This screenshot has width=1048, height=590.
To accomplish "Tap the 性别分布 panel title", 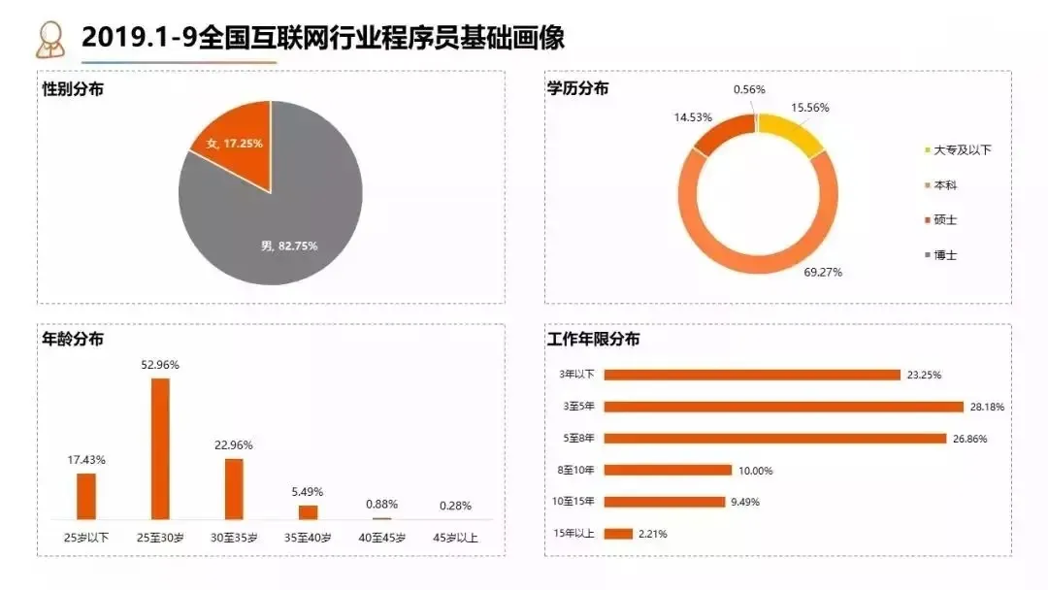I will (74, 88).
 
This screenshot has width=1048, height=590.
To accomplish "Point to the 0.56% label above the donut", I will (748, 89).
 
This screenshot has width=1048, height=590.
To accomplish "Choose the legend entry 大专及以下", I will (962, 150).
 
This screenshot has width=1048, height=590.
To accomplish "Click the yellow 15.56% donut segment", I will (792, 133).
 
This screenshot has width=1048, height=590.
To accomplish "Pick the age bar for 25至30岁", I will (160, 448).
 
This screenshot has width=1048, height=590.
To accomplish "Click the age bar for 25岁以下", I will (86, 496).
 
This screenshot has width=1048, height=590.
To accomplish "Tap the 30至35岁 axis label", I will (234, 538).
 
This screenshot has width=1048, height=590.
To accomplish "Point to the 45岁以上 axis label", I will (455, 538).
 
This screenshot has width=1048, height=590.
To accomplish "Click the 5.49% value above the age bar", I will (308, 492).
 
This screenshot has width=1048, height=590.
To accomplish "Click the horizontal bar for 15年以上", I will (618, 533).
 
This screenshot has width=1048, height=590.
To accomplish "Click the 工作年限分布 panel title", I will (593, 340).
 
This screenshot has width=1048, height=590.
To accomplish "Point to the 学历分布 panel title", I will (578, 88).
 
